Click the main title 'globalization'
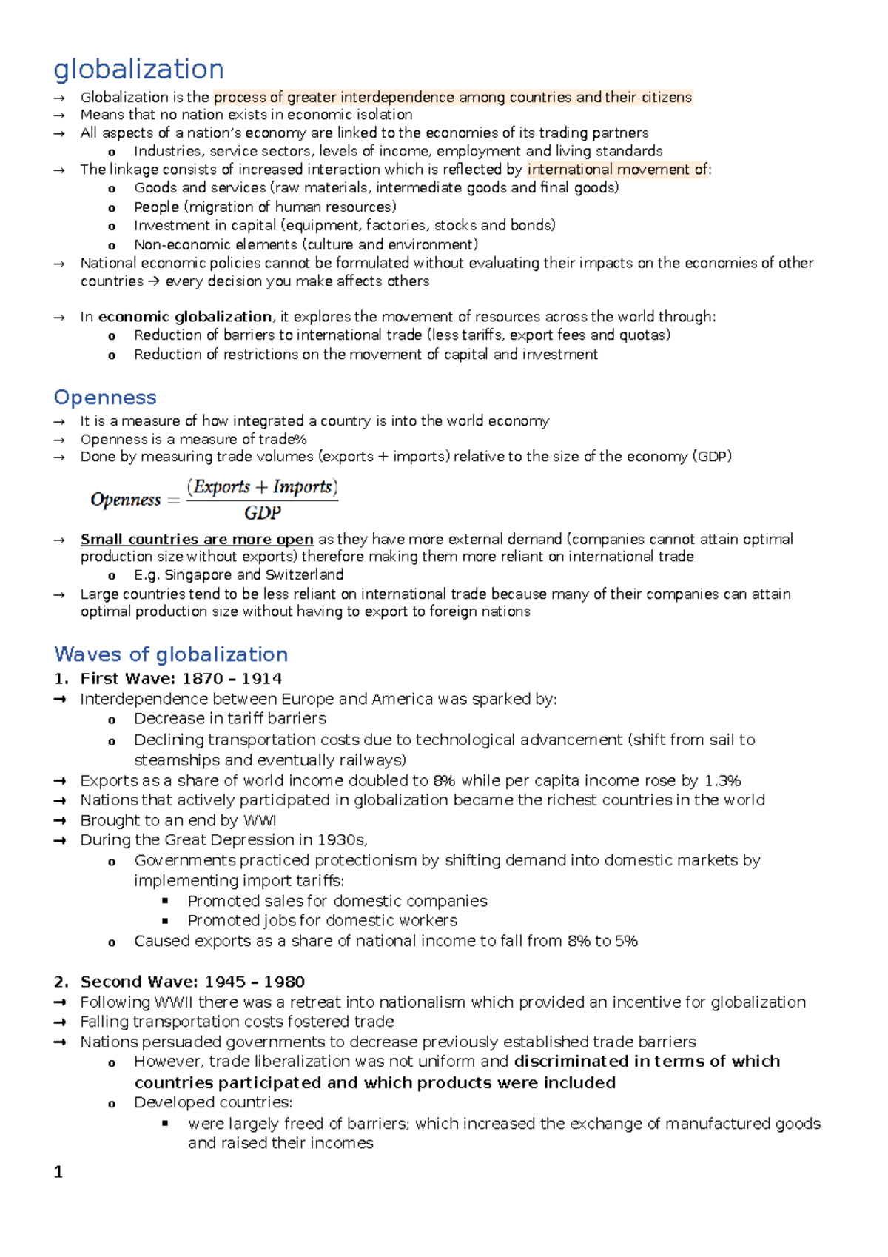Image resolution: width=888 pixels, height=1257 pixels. click(138, 70)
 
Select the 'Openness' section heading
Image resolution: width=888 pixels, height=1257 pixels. click(105, 398)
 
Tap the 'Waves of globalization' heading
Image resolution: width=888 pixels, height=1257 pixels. click(171, 654)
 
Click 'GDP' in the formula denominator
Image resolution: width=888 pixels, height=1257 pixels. click(262, 513)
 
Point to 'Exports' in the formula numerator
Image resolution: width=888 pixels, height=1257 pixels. click(221, 487)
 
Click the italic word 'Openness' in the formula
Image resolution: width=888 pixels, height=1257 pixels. click(125, 500)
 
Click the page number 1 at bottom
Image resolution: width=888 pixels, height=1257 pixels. click(58, 1173)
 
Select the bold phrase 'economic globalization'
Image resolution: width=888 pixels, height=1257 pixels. click(185, 317)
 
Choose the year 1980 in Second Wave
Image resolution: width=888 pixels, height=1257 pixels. click(284, 982)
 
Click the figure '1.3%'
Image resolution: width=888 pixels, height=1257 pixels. click(722, 781)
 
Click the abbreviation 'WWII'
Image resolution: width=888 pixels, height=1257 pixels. click(175, 1002)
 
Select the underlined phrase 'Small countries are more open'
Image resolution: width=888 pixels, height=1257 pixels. click(197, 540)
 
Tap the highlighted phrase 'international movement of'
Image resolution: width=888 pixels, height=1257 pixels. click(618, 170)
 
